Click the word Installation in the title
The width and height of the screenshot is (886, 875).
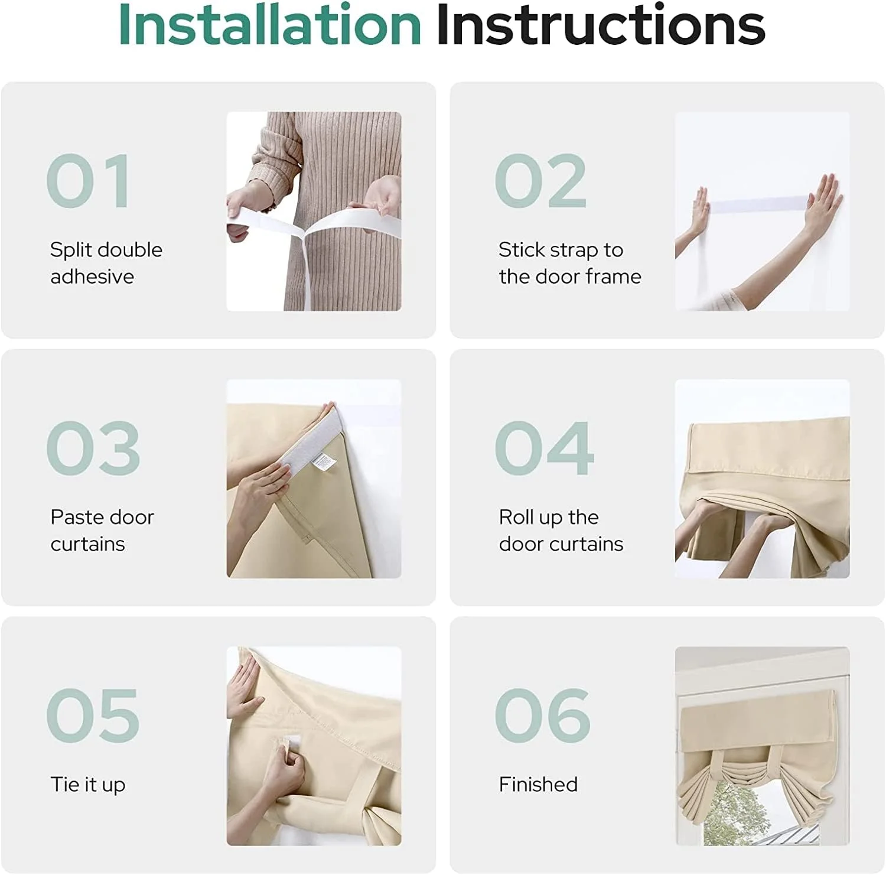(270, 24)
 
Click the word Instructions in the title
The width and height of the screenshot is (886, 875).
(601, 24)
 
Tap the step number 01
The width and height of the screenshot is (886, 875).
(89, 181)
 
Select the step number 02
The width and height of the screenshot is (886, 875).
(540, 181)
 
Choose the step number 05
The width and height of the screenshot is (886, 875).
(93, 715)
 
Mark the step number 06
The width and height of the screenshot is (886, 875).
(543, 715)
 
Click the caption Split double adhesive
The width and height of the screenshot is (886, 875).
(106, 263)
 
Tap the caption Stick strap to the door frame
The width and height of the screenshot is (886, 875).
(570, 263)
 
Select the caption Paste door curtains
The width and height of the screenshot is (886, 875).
(102, 530)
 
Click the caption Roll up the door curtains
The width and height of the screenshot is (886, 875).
(561, 530)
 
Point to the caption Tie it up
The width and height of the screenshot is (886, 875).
(88, 785)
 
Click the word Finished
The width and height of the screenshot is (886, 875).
(538, 784)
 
